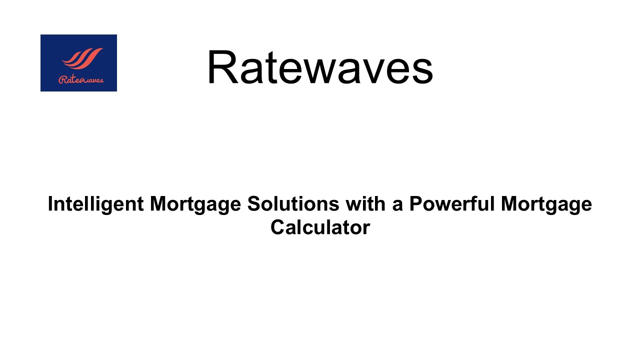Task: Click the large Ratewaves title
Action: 320,67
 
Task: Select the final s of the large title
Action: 422,71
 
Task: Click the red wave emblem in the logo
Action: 82,58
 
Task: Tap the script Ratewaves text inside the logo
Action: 81,79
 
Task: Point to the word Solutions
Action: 293,204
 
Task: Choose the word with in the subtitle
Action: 366,203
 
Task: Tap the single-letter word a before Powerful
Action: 397,206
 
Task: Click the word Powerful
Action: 451,203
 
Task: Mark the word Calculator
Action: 320,227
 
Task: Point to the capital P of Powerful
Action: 416,203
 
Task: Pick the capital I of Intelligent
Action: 50,203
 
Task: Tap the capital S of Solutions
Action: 254,203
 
